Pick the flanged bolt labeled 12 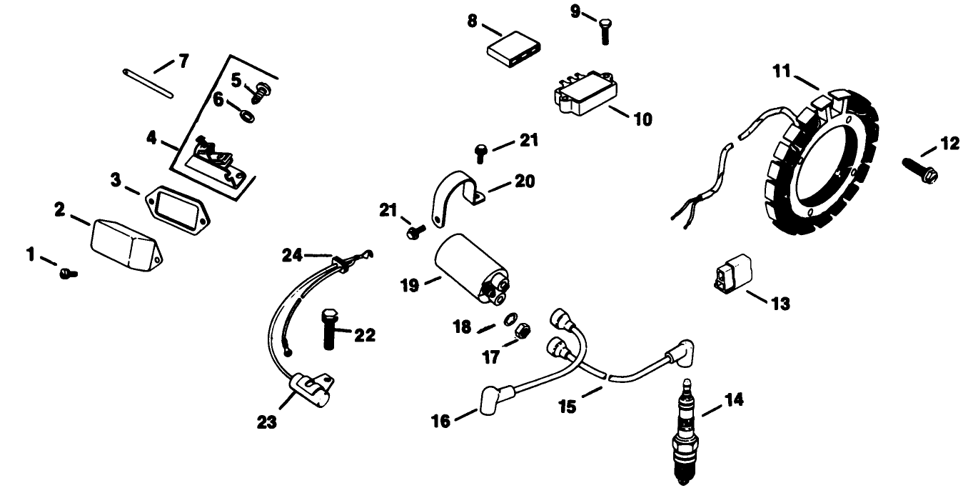pos(917,167)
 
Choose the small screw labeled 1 pos(68,272)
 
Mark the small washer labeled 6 pos(245,114)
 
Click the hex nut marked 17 pos(521,331)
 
